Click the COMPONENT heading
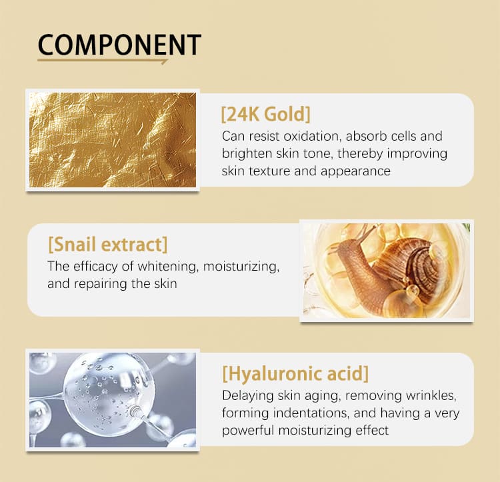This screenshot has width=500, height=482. point(119,45)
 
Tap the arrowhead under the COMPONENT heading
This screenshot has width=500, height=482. point(164,61)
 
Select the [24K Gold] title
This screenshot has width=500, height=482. point(265,114)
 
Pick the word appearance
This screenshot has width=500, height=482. point(355,171)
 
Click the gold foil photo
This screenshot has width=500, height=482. point(113,139)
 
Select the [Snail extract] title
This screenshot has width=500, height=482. point(108,245)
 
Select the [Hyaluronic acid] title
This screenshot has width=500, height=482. point(295,373)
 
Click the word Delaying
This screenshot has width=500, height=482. point(248,395)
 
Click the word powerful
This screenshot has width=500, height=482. point(248,431)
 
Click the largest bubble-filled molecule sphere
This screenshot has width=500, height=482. point(109,395)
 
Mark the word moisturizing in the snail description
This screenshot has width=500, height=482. point(241,267)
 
